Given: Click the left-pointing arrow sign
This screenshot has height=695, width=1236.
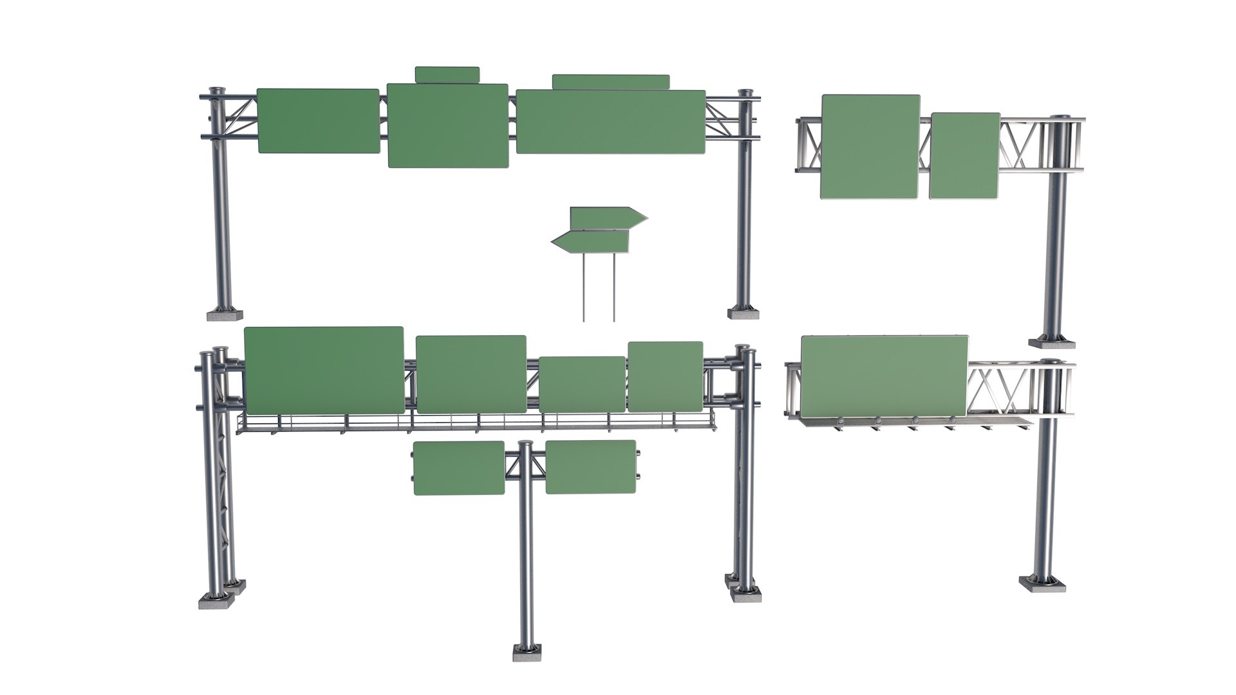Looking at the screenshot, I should tap(591, 242).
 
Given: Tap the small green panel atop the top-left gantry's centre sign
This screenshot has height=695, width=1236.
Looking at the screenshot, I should tap(447, 75).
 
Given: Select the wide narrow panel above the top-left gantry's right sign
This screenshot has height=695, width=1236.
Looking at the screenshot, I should tap(610, 82).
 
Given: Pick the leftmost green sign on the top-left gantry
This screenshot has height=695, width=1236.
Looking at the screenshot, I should tap(318, 121).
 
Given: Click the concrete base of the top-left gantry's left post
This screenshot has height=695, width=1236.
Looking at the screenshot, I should tap(225, 315).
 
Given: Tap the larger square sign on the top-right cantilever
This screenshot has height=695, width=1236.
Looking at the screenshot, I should tap(870, 147).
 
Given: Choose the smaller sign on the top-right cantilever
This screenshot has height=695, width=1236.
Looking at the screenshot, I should tap(964, 156).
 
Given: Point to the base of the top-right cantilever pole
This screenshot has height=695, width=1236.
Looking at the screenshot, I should tap(1051, 342).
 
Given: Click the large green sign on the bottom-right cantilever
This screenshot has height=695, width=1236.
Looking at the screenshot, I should tap(884, 376).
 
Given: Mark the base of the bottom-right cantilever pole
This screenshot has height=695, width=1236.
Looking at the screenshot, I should tap(1042, 584).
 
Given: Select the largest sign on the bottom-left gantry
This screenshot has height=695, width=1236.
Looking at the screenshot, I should tap(324, 370).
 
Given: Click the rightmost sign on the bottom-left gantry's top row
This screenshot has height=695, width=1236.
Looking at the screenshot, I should tap(665, 376).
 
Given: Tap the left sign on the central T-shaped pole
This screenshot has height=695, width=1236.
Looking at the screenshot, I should tap(458, 468).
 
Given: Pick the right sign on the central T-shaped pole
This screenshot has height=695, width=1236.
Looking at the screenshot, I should tap(590, 467).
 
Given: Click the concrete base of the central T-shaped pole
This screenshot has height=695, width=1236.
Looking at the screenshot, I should tap(527, 653).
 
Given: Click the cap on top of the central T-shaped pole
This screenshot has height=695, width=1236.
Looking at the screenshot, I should tap(526, 444).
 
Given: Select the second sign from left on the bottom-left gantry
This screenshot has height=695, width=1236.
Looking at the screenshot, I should tap(471, 374).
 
